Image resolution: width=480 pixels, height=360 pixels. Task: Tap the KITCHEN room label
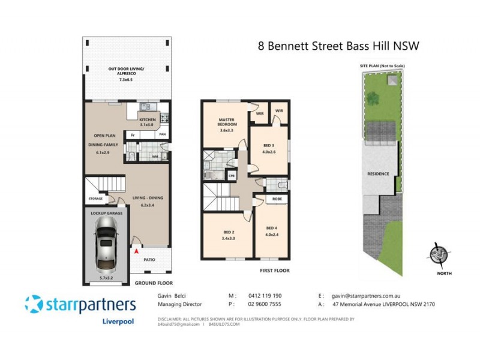148,120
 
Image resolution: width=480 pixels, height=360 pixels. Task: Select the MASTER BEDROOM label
226,123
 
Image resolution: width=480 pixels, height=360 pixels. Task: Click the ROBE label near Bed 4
277,199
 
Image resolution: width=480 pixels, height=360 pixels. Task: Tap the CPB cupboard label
232,175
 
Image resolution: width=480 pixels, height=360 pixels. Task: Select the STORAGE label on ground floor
95,199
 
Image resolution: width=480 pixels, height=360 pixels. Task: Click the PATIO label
149,260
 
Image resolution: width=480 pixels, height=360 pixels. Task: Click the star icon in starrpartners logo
35,304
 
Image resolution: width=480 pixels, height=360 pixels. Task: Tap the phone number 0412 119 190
265,296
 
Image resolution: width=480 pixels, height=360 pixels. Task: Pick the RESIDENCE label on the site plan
378,174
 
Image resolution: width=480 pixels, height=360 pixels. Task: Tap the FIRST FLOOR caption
274,271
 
